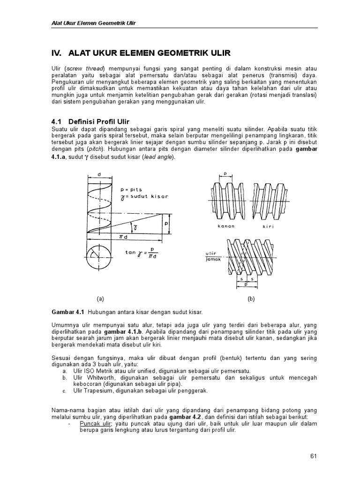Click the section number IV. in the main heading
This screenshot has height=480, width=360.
57,53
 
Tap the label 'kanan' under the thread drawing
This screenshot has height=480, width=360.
225,226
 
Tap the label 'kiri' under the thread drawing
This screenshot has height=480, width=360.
269,226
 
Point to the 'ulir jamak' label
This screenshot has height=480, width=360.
212,256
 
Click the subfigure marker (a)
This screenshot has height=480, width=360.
100,298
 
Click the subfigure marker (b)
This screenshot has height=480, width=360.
251,298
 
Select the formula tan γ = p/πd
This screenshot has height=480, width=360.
142,255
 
